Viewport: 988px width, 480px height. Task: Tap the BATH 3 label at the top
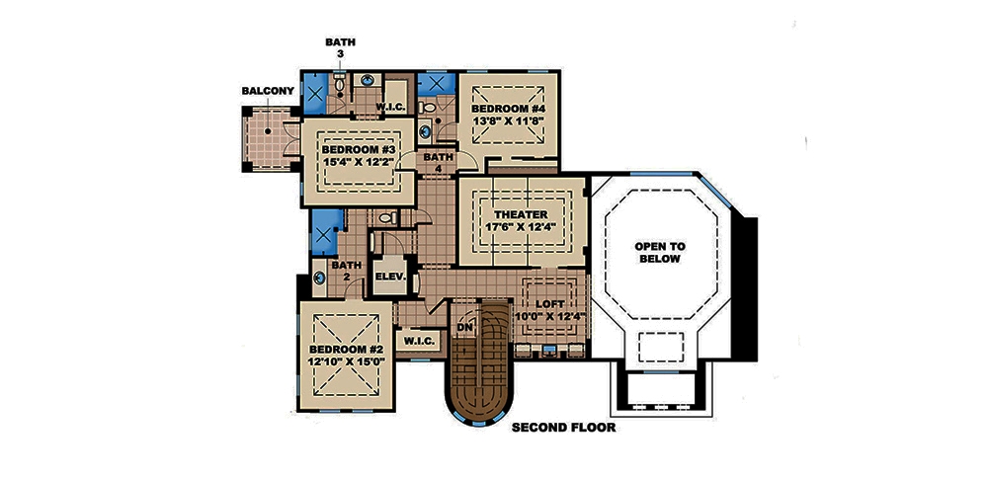pos(340,48)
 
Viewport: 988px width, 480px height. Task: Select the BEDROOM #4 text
pos(506,108)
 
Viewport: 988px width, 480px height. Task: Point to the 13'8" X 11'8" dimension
pos(506,121)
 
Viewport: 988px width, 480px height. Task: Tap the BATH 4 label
pos(437,163)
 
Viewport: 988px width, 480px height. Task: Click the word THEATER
pos(515,213)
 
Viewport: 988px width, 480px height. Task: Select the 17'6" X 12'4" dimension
pos(515,227)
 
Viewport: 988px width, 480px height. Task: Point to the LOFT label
pos(549,304)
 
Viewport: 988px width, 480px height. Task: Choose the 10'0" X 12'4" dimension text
pos(549,318)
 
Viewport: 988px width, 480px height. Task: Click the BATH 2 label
pos(346,272)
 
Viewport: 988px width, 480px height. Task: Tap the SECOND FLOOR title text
pos(563,429)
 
